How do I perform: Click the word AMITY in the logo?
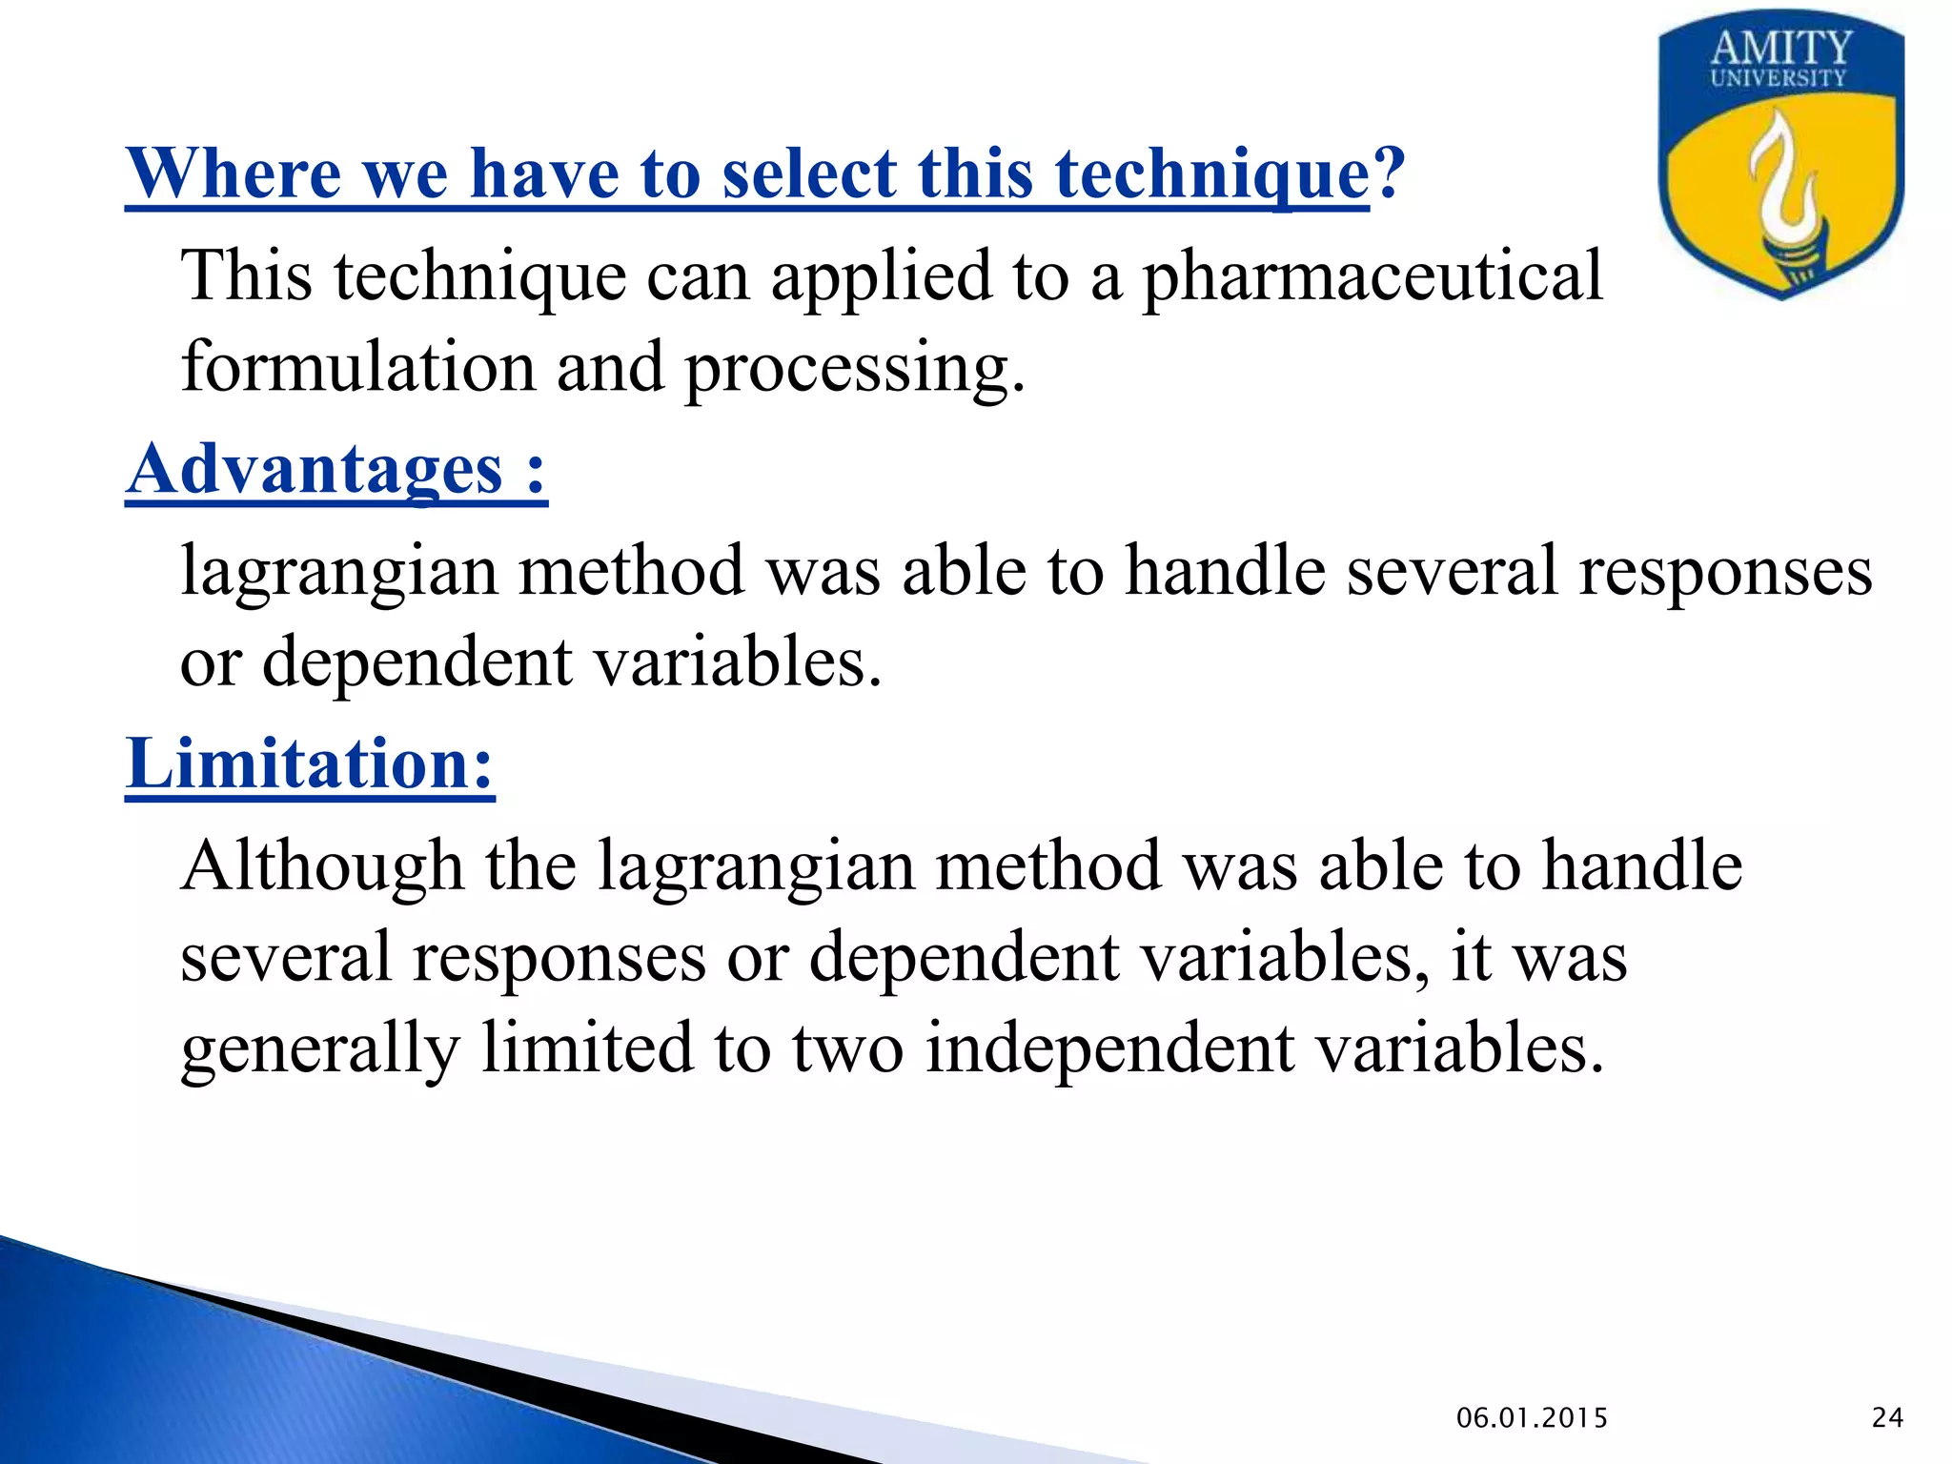pyautogui.click(x=1780, y=48)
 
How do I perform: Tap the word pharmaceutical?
pyautogui.click(x=1372, y=276)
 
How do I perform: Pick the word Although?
pyautogui.click(x=322, y=867)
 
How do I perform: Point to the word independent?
pyautogui.click(x=1108, y=1048)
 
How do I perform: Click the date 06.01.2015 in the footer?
pyautogui.click(x=1532, y=1418)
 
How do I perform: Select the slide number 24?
pyautogui.click(x=1887, y=1418)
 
